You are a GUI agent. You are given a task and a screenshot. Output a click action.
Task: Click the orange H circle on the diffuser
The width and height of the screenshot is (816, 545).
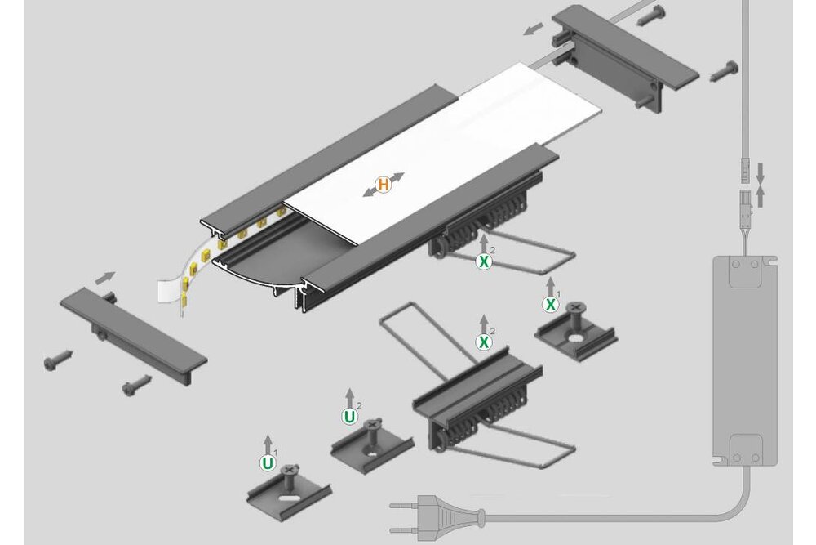tap(384, 185)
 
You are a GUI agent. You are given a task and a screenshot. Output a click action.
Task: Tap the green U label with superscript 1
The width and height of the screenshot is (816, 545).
tap(268, 463)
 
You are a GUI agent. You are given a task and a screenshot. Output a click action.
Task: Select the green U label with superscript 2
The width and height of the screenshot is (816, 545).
tap(349, 417)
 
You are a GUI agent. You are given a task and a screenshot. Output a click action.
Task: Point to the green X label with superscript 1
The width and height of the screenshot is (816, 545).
tap(550, 305)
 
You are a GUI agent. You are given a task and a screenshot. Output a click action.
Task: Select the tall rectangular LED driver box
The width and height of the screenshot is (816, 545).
tap(745, 360)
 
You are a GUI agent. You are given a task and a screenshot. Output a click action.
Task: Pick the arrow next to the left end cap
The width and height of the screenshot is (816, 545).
tap(105, 278)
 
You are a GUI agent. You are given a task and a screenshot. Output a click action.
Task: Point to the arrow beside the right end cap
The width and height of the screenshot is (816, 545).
tap(534, 29)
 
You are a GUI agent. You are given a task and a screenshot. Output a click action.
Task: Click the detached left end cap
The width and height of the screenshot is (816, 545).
tap(134, 336)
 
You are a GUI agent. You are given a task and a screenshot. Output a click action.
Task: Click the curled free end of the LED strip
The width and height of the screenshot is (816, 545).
tap(171, 292)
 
